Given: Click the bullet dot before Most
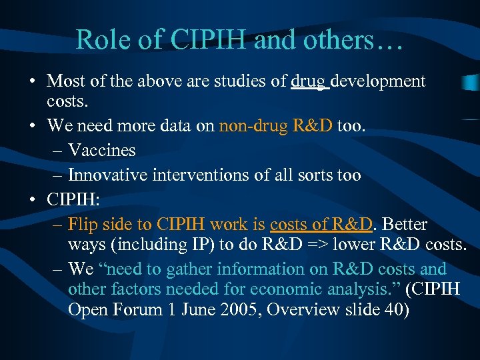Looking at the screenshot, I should [32, 82].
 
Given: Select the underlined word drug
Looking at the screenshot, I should [309, 81].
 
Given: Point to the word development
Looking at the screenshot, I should [378, 81].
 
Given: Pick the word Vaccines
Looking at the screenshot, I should [101, 151].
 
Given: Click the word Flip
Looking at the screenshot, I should [83, 224].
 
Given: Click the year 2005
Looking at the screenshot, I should [223, 311].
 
